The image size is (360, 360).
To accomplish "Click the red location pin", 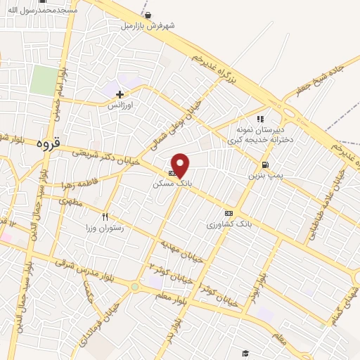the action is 181,164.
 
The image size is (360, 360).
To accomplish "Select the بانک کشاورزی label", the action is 229,224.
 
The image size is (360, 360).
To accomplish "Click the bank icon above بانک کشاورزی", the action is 229,212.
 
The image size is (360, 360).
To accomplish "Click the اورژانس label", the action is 120,104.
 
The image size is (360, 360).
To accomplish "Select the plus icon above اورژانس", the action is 120,94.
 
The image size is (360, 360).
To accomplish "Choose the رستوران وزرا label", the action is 105,228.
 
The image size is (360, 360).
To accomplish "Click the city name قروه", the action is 49,145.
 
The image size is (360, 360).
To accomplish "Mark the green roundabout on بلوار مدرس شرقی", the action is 134,287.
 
